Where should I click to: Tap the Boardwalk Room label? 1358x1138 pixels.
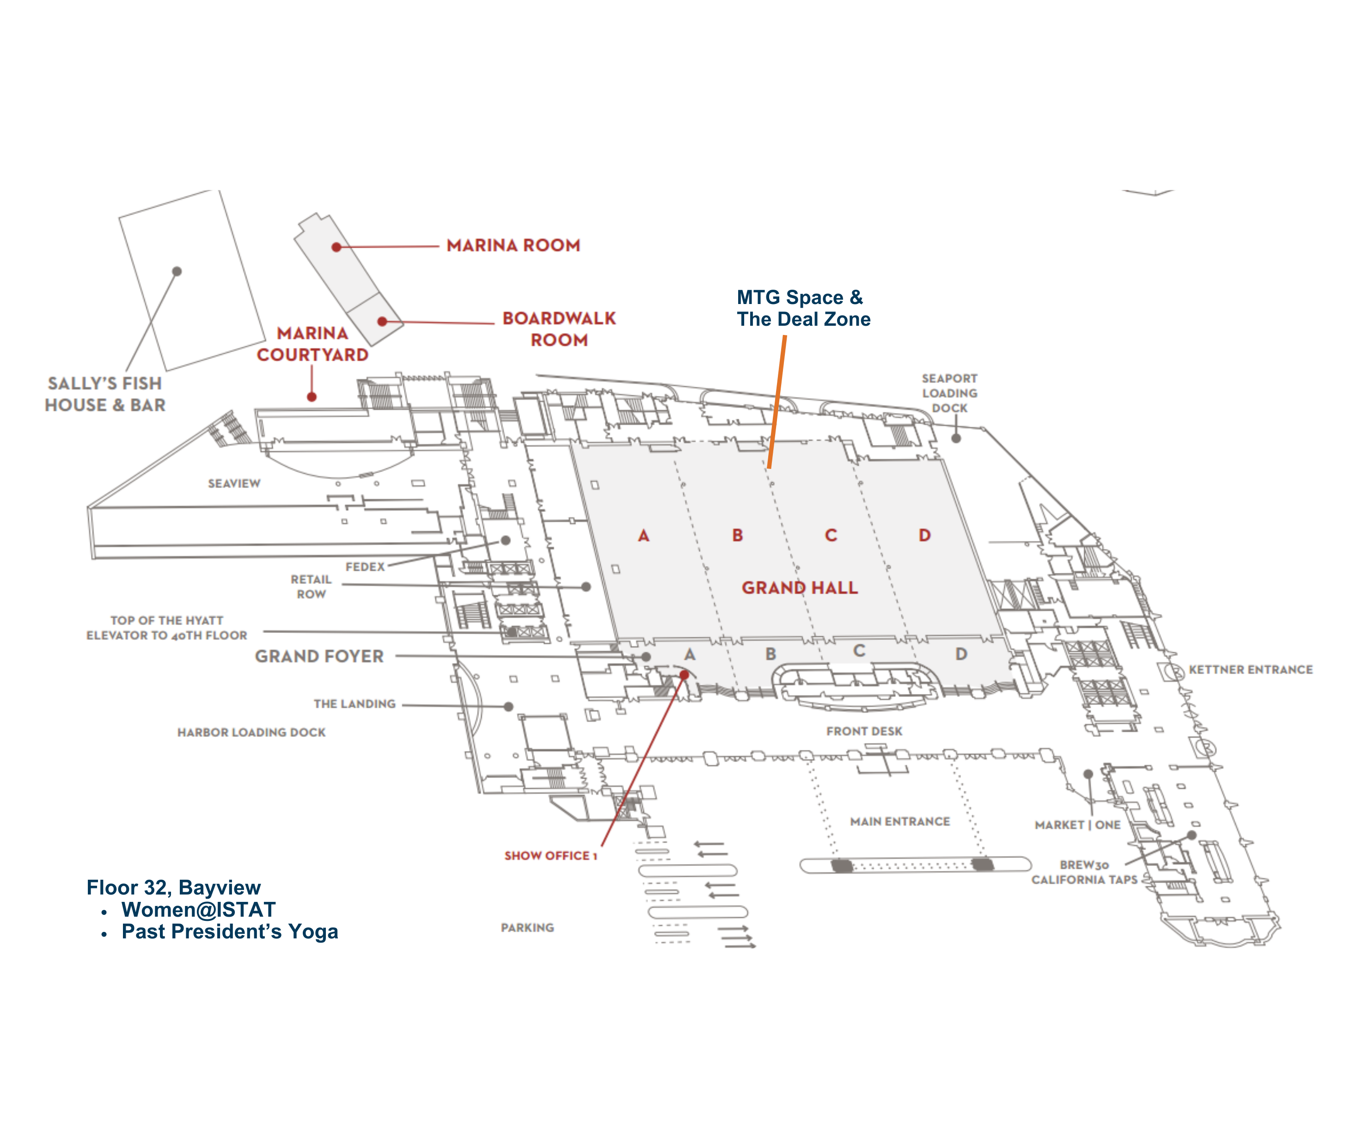point(559,329)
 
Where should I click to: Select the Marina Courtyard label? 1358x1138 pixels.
point(312,344)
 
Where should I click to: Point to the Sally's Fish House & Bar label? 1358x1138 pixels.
point(105,395)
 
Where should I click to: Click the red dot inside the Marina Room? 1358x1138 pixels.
point(336,247)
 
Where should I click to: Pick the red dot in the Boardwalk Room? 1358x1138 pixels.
point(382,322)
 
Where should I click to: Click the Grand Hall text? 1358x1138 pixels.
point(799,588)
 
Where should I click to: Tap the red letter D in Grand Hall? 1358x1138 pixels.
point(925,536)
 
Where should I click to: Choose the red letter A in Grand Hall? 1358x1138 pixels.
point(643,536)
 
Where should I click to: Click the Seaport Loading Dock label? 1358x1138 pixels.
point(949,393)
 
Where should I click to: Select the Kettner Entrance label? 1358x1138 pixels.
point(1251,670)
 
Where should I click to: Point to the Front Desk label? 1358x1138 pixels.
point(864,731)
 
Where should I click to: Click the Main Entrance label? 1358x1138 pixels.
point(899,822)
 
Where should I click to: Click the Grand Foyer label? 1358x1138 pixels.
point(319,656)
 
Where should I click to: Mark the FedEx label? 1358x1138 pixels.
point(365,567)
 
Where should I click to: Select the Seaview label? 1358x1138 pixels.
point(234,484)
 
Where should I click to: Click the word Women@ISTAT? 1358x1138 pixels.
point(199,910)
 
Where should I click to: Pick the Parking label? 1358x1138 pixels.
point(527,928)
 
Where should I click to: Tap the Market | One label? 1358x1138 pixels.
point(1077,825)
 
